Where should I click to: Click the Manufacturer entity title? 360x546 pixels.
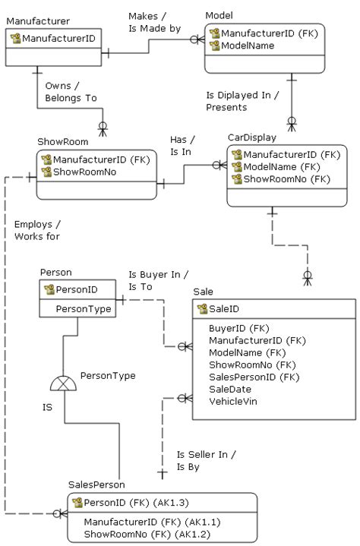(x=38, y=21)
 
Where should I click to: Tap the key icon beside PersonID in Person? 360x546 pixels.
(x=49, y=289)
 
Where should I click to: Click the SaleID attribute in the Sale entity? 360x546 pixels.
(x=224, y=309)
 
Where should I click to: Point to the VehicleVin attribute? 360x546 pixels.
(x=234, y=401)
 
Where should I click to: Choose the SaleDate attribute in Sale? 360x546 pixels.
(x=229, y=389)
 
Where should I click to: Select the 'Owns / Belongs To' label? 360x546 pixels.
(x=71, y=92)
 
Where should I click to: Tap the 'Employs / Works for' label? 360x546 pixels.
(x=37, y=230)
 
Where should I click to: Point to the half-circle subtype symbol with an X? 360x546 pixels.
(x=64, y=382)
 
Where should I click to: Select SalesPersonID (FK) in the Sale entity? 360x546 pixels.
(x=254, y=377)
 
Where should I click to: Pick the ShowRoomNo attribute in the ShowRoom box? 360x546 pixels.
(x=84, y=172)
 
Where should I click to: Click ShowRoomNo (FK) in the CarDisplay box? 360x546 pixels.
(x=286, y=179)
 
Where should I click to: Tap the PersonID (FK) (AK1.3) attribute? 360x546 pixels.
(x=137, y=503)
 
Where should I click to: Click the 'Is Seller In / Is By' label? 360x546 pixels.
(x=207, y=460)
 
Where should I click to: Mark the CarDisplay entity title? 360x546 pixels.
(x=251, y=137)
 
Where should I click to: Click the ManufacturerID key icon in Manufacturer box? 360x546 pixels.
(x=15, y=37)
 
